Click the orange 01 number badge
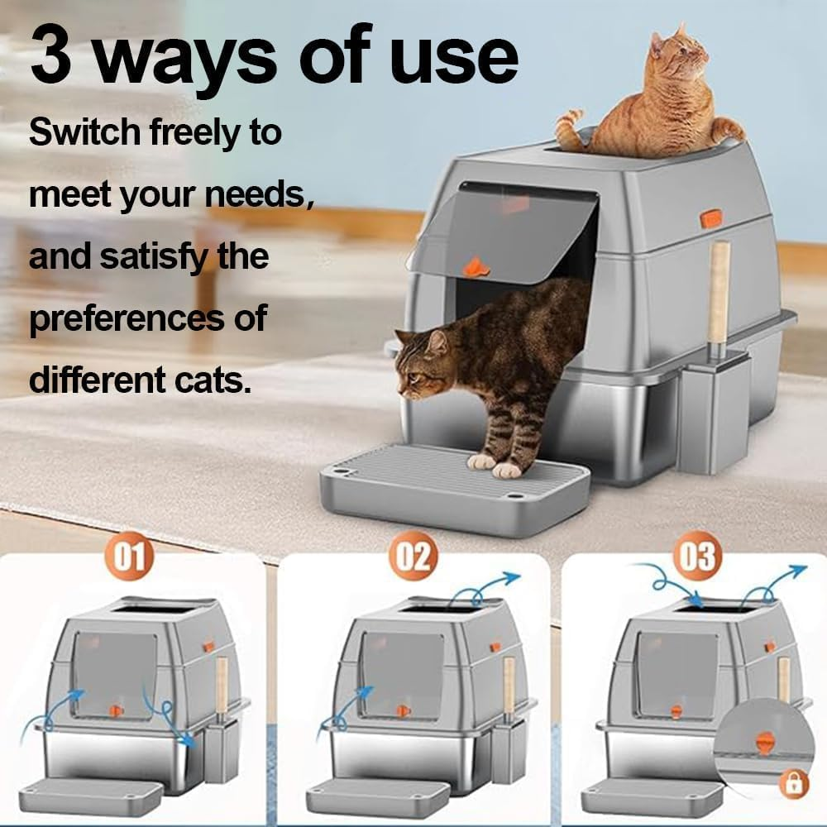point(129,556)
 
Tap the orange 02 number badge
point(412,556)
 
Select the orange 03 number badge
point(697,556)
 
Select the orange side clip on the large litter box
point(710,218)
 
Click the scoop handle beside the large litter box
point(719,289)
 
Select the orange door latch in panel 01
point(117,710)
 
